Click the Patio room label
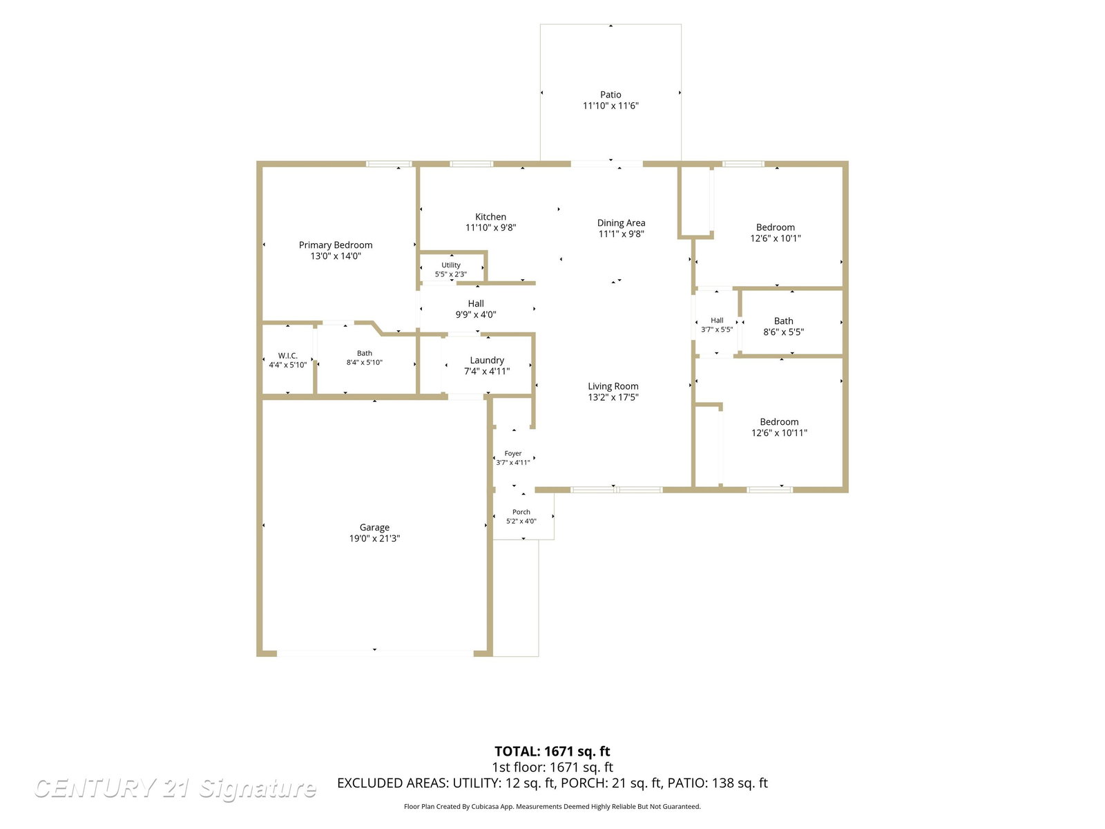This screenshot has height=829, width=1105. pyautogui.click(x=610, y=95)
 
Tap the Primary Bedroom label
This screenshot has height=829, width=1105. pyautogui.click(x=335, y=245)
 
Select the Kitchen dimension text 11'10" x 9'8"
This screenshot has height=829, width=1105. pyautogui.click(x=490, y=227)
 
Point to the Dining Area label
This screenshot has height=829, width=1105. pyautogui.click(x=621, y=223)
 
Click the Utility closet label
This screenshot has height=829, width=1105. pyautogui.click(x=450, y=265)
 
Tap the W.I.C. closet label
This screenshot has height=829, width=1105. pyautogui.click(x=287, y=356)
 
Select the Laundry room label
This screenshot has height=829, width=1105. pyautogui.click(x=486, y=361)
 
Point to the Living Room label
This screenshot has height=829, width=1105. pyautogui.click(x=613, y=386)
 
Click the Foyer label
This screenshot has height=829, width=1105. pyautogui.click(x=512, y=453)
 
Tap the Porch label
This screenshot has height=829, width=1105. pyautogui.click(x=521, y=512)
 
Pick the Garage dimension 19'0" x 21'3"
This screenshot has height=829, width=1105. pyautogui.click(x=374, y=539)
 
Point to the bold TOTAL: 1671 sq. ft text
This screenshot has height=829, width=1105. pyautogui.click(x=552, y=752)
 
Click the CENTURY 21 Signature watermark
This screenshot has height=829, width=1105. pyautogui.click(x=175, y=788)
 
